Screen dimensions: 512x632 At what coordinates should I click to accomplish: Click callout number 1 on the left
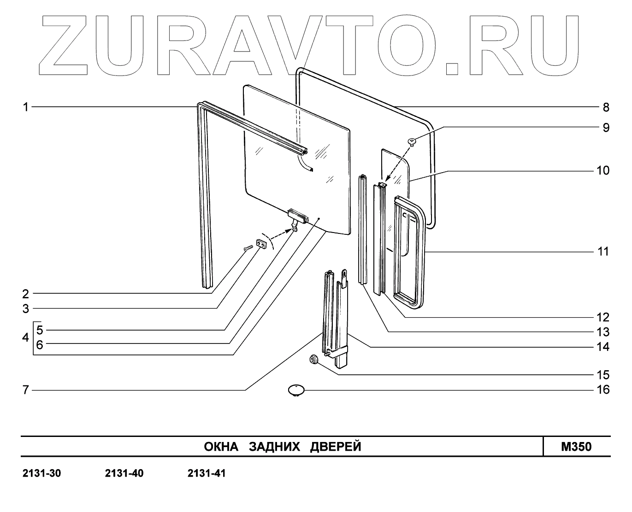click(26, 107)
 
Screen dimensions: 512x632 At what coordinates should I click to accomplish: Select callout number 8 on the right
click(606, 107)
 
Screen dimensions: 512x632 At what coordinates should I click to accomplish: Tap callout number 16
click(603, 390)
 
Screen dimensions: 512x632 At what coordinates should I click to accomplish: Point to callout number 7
click(26, 390)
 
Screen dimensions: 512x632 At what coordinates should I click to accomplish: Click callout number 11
click(603, 252)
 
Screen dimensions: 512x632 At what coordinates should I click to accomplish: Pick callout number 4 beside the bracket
click(26, 337)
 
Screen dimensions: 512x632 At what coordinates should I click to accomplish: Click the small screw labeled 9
click(413, 141)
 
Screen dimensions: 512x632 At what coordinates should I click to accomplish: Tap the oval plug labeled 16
click(295, 390)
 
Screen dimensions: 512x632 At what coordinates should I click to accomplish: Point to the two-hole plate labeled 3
click(262, 244)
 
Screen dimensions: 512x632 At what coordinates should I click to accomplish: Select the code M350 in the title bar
click(576, 447)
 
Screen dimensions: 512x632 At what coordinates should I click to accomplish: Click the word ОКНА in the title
click(221, 447)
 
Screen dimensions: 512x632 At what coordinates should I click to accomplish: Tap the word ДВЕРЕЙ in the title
click(336, 447)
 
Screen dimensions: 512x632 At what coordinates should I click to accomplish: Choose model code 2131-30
click(41, 473)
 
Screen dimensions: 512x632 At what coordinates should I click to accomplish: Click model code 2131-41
click(207, 473)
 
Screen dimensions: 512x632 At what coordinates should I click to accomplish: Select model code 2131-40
click(124, 473)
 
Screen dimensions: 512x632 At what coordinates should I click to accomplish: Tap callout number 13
click(603, 332)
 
